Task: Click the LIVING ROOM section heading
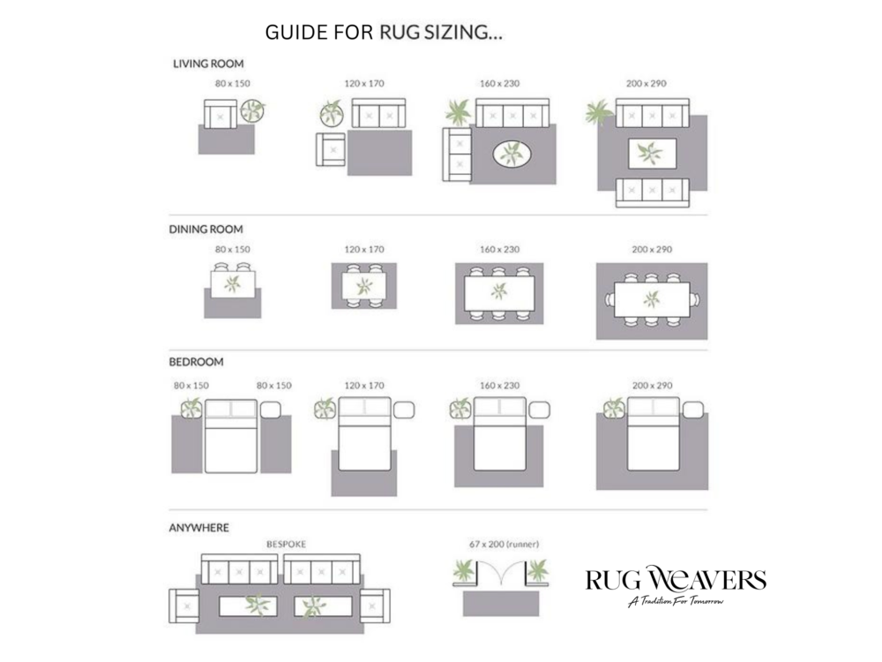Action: tap(208, 64)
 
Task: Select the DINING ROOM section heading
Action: tap(206, 229)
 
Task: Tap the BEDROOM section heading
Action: tap(197, 362)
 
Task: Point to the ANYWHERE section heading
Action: tap(199, 528)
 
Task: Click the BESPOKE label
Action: tap(287, 545)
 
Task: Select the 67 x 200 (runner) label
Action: tap(504, 545)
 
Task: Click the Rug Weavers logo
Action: tap(676, 585)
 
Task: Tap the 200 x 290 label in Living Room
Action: tap(647, 83)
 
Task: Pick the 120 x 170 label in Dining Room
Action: tap(364, 249)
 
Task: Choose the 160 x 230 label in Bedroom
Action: tap(499, 386)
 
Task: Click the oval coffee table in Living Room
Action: tap(512, 154)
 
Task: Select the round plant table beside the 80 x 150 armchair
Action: tap(252, 111)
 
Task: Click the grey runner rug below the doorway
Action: tap(501, 603)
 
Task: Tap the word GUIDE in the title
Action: tap(295, 32)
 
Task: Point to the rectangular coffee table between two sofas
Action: tap(652, 153)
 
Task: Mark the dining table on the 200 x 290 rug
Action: tap(652, 299)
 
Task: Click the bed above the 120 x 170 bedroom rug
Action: tap(364, 434)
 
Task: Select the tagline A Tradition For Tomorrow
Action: tap(676, 602)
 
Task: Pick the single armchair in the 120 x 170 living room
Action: tap(331, 149)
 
